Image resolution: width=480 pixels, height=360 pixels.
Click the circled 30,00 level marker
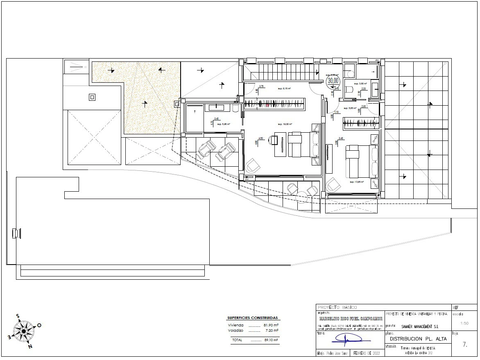pos(333,81)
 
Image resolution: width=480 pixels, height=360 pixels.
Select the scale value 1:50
pos(464,323)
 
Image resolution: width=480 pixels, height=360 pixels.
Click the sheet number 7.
pos(464,344)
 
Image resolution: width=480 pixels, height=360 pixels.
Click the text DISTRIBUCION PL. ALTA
pos(418,339)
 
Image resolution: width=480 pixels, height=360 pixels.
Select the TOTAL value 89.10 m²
pos(270,340)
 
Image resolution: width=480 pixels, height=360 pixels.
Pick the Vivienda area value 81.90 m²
pos(270,325)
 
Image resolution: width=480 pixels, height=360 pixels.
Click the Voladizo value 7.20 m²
pos(271,330)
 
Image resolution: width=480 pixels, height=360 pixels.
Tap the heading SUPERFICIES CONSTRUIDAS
pos(252,318)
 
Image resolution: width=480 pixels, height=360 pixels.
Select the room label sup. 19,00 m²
pos(284,124)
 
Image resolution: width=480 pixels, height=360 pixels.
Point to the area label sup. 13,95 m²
pos(357,181)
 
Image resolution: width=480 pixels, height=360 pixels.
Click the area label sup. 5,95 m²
pos(223,124)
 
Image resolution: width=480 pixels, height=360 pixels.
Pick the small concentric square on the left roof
pos(92,97)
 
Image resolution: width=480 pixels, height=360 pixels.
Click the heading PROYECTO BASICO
pos(337,307)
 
